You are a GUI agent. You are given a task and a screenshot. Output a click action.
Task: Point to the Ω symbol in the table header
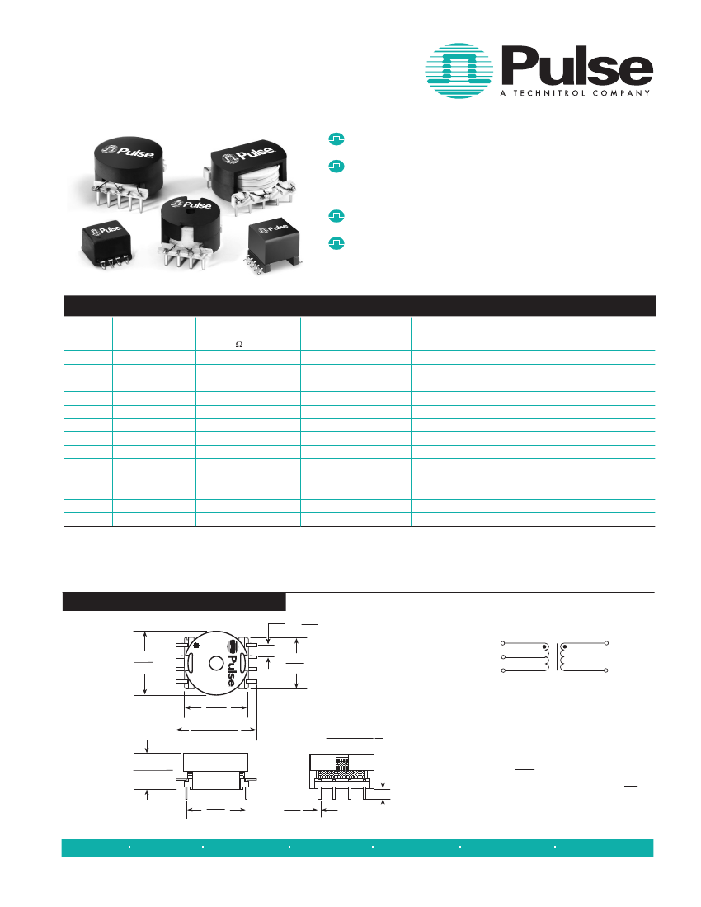(239, 345)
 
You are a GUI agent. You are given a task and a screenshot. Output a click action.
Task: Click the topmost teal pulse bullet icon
(336, 139)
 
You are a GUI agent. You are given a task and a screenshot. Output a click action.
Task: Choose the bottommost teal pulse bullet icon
(336, 243)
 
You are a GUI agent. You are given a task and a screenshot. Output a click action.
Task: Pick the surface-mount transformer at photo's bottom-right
(271, 239)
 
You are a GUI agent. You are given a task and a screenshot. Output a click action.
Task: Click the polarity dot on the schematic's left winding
(544, 647)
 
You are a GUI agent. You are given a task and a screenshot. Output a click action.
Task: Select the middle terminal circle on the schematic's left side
(503, 657)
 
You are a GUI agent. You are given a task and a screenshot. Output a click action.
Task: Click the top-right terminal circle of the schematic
(607, 642)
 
